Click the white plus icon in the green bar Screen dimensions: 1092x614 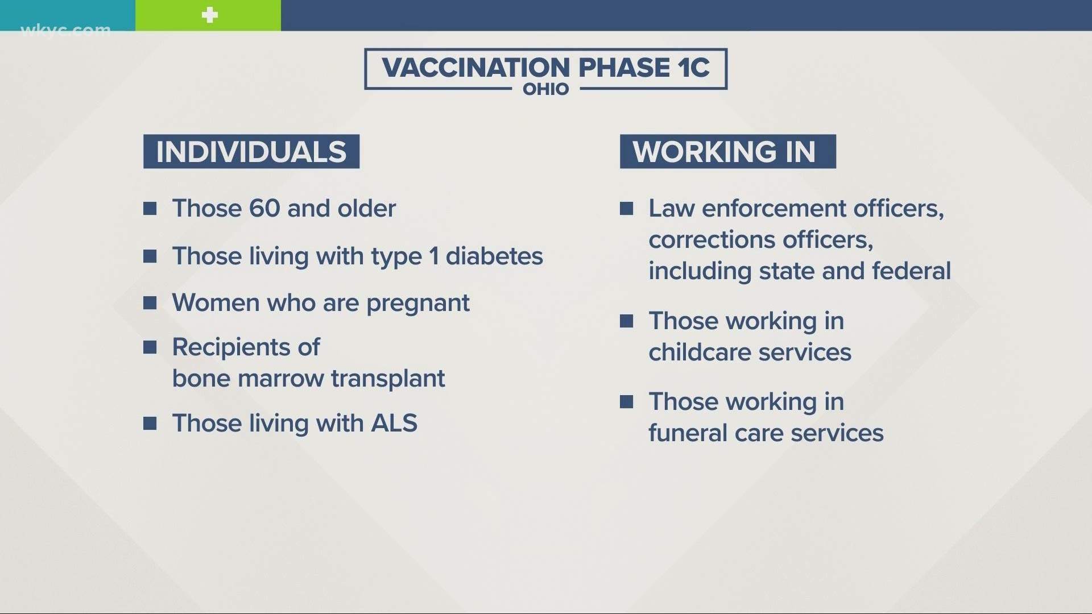(210, 15)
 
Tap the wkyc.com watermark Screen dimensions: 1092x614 (65, 30)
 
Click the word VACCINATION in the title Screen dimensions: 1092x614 (476, 68)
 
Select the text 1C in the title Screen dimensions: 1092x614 (693, 68)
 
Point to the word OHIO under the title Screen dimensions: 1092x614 (546, 89)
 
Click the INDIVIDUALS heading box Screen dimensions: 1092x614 (251, 151)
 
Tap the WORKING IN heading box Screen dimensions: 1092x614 (728, 151)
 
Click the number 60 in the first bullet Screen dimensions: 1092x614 (264, 209)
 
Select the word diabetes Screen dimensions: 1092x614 (494, 256)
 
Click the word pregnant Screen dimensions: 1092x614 (418, 304)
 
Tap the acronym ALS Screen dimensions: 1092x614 (394, 424)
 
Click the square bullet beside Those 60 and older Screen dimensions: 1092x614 (150, 209)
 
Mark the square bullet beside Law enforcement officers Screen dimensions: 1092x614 (627, 209)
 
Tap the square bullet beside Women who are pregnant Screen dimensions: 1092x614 (150, 303)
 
